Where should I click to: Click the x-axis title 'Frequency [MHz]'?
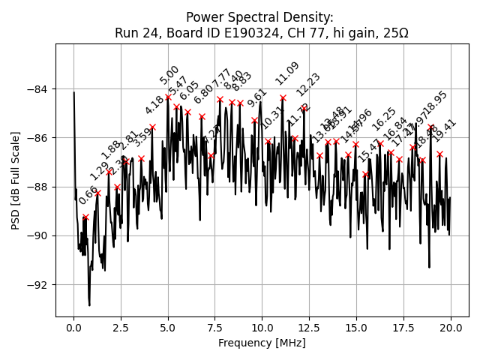click(x=262, y=343)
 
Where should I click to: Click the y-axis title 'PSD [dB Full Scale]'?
click(x=15, y=180)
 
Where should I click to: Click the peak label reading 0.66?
click(x=88, y=196)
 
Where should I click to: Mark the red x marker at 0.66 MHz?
click(x=85, y=217)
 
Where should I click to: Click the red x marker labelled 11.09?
click(x=283, y=97)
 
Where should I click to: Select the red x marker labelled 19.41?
click(x=439, y=154)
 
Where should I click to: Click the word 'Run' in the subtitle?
click(x=127, y=33)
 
